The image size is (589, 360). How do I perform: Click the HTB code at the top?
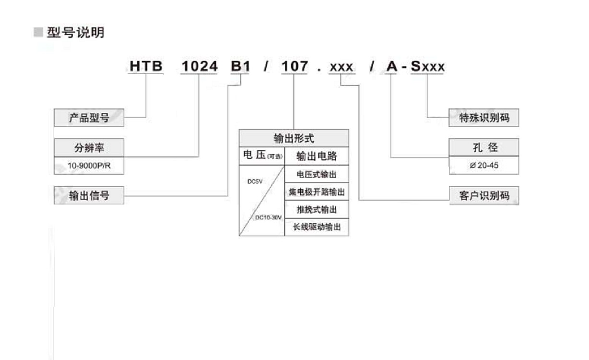pyautogui.click(x=146, y=66)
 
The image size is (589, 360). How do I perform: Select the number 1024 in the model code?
pyautogui.click(x=199, y=66)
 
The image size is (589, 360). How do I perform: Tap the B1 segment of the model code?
pyautogui.click(x=240, y=66)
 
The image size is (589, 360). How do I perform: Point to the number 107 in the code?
pyautogui.click(x=294, y=66)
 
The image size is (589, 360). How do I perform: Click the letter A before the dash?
pyautogui.click(x=392, y=67)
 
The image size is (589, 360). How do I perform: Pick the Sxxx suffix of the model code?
pyautogui.click(x=427, y=67)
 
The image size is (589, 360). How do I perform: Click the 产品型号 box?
pyautogui.click(x=89, y=118)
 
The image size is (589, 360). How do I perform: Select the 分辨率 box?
pyautogui.click(x=89, y=148)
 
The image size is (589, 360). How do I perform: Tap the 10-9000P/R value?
pyautogui.click(x=89, y=166)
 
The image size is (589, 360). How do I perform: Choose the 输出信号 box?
pyautogui.click(x=89, y=196)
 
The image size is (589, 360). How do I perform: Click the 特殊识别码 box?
pyautogui.click(x=483, y=118)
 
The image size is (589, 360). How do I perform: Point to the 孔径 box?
pyautogui.click(x=483, y=148)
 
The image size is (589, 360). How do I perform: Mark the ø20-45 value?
pyautogui.click(x=483, y=166)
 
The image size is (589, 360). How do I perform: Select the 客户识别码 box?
pyautogui.click(x=483, y=196)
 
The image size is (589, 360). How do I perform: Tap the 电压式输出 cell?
pyautogui.click(x=317, y=174)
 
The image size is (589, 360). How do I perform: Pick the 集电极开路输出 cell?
pyautogui.click(x=317, y=192)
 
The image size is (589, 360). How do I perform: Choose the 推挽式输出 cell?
pyautogui.click(x=317, y=209)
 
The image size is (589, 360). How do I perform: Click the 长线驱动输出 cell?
pyautogui.click(x=317, y=227)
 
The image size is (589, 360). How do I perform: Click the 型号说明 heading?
pyautogui.click(x=75, y=33)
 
